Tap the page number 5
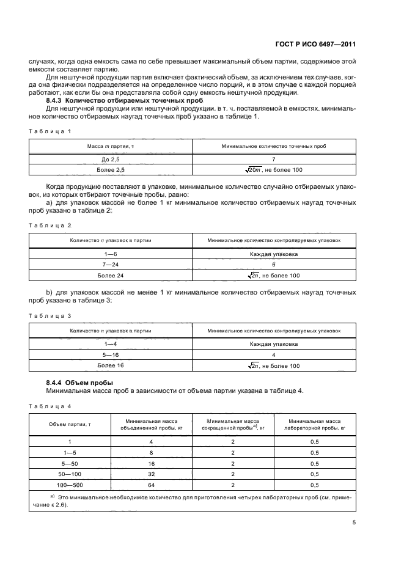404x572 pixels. [x=354, y=522]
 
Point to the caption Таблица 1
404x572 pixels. [x=50, y=131]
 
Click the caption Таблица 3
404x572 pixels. [x=50, y=315]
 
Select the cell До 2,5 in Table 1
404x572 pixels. [x=111, y=158]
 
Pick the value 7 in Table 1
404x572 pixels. [x=274, y=158]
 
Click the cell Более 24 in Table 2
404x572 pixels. [x=111, y=276]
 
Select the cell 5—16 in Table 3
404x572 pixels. [x=111, y=355]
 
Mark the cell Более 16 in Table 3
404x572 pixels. [x=111, y=366]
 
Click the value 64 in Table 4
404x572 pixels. [x=151, y=485]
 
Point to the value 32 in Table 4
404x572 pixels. [x=151, y=474]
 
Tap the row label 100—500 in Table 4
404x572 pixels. [x=70, y=485]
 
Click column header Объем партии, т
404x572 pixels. [x=70, y=425]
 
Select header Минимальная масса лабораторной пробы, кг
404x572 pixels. [x=314, y=425]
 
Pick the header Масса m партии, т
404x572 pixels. [x=111, y=147]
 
